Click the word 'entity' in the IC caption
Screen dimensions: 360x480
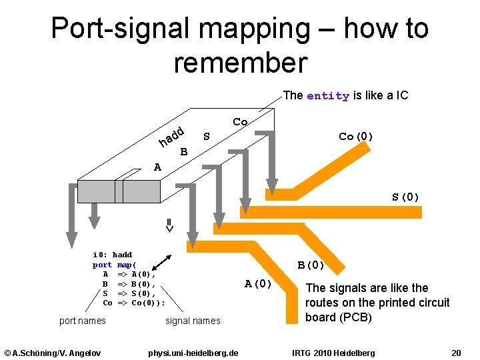pos(327,96)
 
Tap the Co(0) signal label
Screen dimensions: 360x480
pos(356,137)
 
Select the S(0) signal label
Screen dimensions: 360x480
pos(405,197)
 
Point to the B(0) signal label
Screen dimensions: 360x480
pos(311,265)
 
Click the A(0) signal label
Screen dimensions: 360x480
pos(258,284)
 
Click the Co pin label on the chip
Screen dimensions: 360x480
pos(240,122)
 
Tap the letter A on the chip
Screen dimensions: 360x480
pos(157,167)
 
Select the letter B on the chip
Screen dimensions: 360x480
pos(184,152)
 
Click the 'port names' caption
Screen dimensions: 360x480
pos(82,321)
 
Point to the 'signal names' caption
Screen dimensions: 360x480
pos(192,321)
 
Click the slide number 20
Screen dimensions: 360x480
pos(456,352)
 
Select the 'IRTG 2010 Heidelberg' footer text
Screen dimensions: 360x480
pos(333,352)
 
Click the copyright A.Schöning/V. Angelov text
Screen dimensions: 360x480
pos(53,352)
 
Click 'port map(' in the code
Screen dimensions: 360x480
pos(114,265)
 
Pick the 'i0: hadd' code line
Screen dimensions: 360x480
pos(112,255)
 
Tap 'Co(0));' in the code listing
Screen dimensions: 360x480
pos(148,303)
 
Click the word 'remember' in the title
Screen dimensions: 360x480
pos(240,63)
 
